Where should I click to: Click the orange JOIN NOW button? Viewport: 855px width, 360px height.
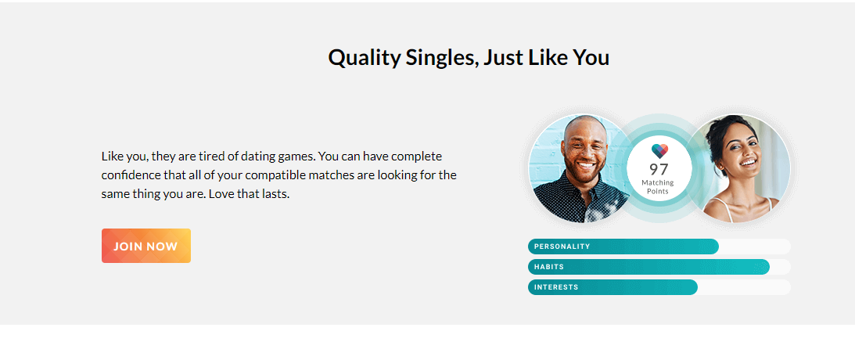pyautogui.click(x=146, y=246)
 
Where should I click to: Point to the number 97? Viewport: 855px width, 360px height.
pyautogui.click(x=659, y=169)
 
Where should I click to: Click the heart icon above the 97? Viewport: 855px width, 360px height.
pyautogui.click(x=659, y=151)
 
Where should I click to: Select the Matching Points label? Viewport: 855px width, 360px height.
pyautogui.click(x=658, y=187)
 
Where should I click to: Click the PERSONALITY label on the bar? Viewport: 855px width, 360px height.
pyautogui.click(x=562, y=247)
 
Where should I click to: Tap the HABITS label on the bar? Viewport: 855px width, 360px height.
pyautogui.click(x=549, y=268)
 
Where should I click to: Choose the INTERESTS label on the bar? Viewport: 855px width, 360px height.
pyautogui.click(x=556, y=287)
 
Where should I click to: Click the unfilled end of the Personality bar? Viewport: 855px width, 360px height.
pyautogui.click(x=755, y=247)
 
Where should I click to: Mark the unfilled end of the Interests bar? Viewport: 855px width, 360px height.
pyautogui.click(x=744, y=287)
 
